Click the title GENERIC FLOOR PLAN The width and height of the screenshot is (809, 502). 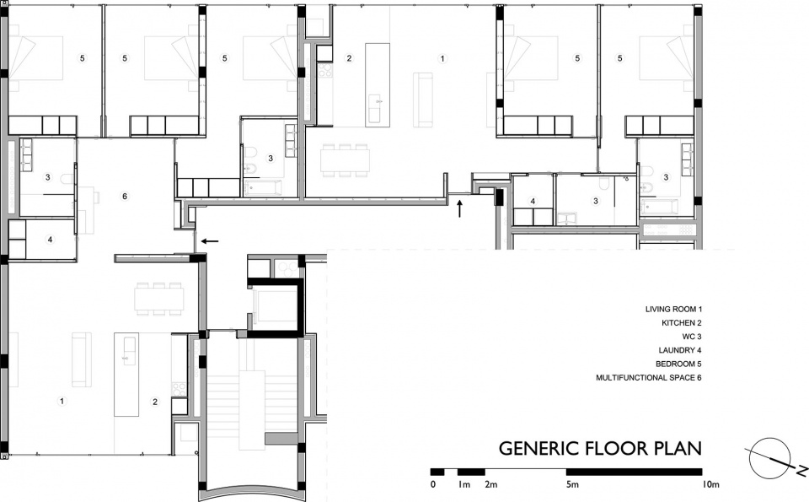click(600, 448)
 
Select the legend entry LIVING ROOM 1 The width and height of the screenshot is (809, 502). click(674, 310)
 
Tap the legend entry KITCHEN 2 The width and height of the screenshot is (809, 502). click(682, 323)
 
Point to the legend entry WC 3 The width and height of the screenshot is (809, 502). click(692, 337)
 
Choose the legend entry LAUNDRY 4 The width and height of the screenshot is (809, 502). click(679, 350)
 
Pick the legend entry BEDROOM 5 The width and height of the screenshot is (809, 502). click(678, 364)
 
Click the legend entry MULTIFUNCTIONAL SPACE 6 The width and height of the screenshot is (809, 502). click(649, 377)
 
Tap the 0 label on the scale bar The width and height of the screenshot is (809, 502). click(433, 484)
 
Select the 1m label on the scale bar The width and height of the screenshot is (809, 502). click(463, 484)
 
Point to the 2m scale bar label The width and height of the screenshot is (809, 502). click(490, 484)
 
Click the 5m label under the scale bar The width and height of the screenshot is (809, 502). click(572, 484)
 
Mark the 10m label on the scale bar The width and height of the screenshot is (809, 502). click(710, 484)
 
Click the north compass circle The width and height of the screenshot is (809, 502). click(769, 458)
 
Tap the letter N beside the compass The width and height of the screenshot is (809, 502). click(801, 471)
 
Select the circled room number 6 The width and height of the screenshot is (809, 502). click(125, 197)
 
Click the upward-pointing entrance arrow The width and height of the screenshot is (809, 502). click(460, 208)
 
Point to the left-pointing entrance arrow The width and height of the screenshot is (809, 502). click(210, 240)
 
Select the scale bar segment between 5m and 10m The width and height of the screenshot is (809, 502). click(634, 472)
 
